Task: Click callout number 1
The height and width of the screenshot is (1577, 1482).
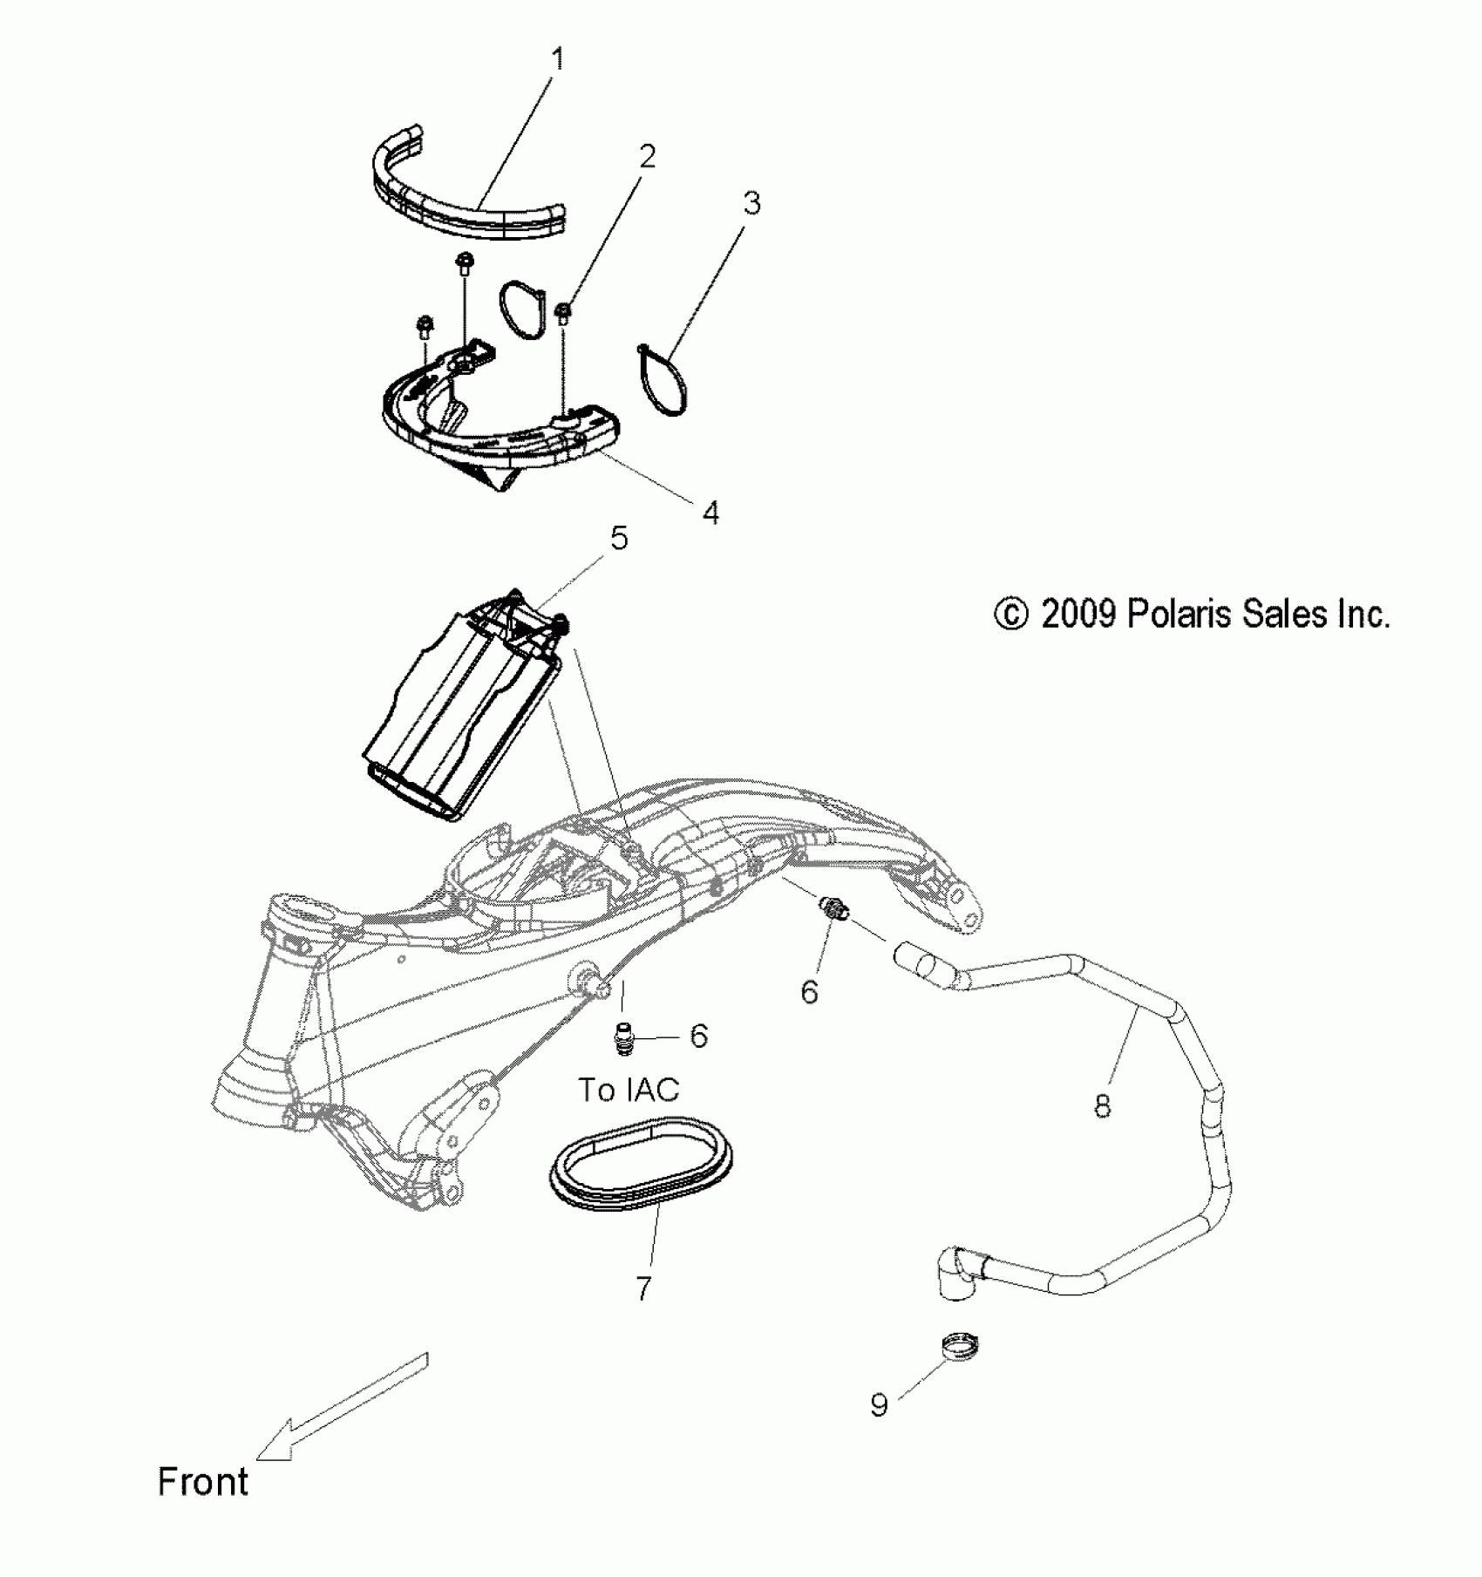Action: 558,59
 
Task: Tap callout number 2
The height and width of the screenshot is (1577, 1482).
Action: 646,157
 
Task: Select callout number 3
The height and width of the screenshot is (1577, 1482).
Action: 751,203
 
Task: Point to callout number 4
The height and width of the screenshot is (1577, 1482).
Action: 710,513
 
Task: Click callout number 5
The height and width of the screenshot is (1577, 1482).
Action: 618,538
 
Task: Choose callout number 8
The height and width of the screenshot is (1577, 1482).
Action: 1103,1106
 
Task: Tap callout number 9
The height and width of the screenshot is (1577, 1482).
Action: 879,1404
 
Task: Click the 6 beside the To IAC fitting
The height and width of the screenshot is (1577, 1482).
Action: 698,1036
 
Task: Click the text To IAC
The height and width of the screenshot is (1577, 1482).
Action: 629,1089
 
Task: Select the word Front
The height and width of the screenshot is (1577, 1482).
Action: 203,1481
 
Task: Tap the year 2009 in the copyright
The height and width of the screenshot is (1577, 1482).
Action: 1079,615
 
